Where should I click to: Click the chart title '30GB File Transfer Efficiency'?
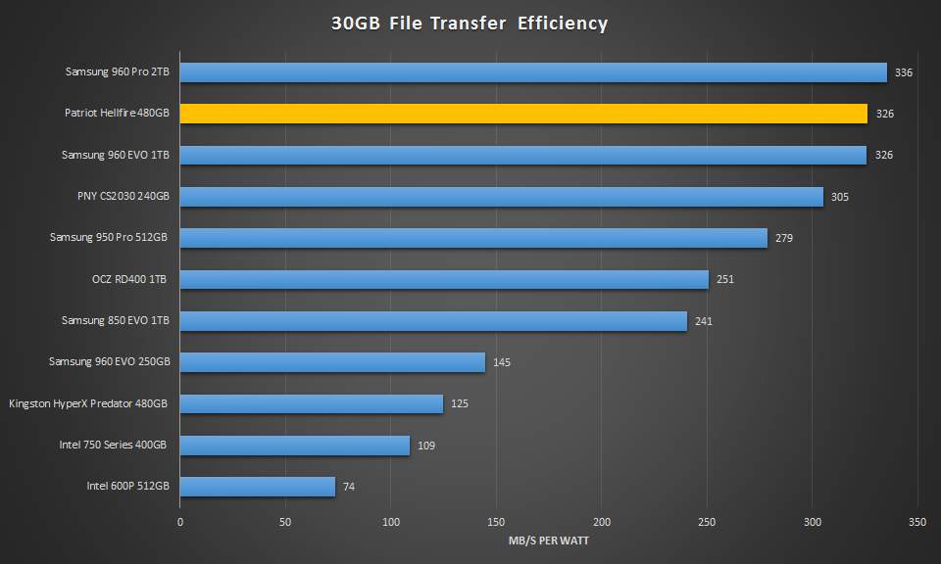point(470,23)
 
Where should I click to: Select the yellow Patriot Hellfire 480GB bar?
point(523,114)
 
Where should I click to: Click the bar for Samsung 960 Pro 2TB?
point(533,72)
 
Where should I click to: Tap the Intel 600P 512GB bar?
point(258,487)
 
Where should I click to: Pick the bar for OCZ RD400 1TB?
point(444,280)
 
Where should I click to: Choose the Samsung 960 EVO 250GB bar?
point(332,362)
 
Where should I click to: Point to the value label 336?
point(904,72)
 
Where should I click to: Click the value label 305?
point(840,197)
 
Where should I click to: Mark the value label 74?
point(349,487)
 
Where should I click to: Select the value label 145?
point(502,362)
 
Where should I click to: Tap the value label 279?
point(784,238)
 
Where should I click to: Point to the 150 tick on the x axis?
point(496,523)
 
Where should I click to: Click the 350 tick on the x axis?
point(917,523)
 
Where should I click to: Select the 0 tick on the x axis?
point(180,523)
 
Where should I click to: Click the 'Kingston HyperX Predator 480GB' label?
point(88,403)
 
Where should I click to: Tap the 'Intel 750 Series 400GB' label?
point(113,445)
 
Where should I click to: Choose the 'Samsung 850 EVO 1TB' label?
point(116,320)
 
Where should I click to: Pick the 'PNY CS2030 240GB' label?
point(124,197)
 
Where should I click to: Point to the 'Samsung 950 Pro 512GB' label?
point(110,238)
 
